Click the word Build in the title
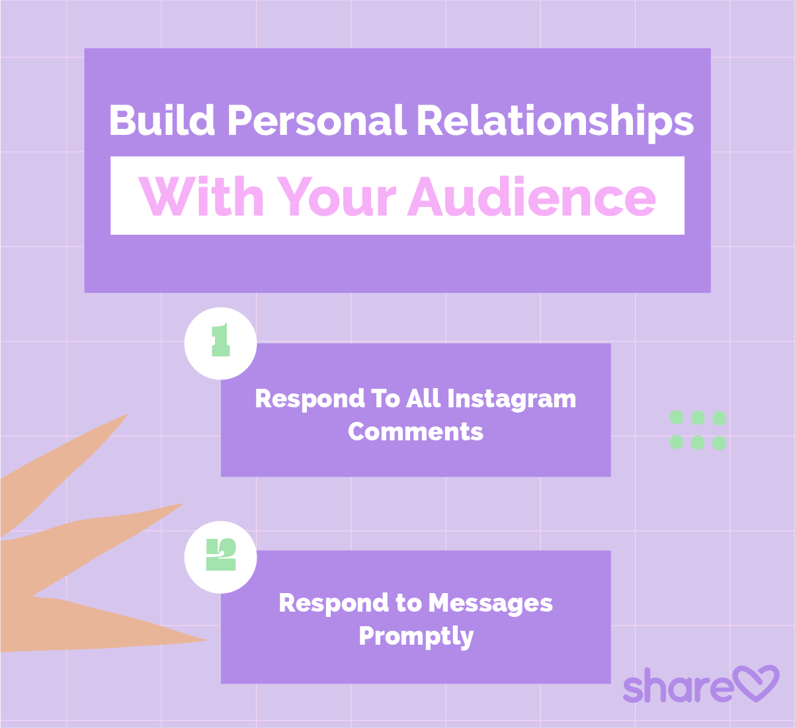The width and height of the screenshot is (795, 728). tap(161, 120)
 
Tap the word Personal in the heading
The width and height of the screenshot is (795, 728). tap(317, 120)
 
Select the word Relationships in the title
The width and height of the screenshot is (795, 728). tap(555, 123)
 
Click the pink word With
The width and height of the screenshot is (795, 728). tap(200, 196)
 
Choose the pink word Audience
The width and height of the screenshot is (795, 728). tap(532, 196)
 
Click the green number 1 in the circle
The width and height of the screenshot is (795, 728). tap(221, 340)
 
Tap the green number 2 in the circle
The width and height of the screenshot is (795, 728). tap(221, 554)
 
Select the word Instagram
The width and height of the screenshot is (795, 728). tap(512, 399)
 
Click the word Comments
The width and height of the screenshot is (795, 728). tap(415, 432)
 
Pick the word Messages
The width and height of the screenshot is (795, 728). tap(490, 604)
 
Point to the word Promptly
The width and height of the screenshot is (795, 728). tap(416, 637)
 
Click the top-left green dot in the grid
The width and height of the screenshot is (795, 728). tap(676, 418)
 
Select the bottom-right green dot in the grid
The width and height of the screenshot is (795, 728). tap(719, 442)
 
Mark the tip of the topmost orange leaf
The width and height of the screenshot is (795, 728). tap(127, 414)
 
